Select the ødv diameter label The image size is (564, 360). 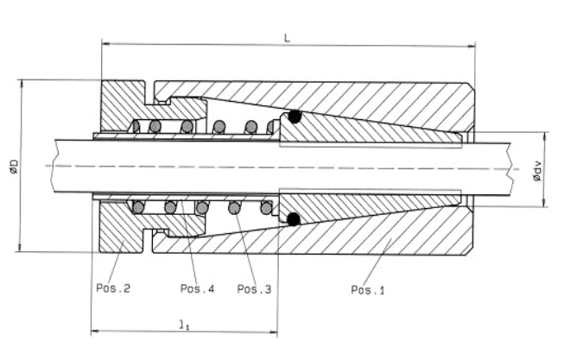click(x=536, y=174)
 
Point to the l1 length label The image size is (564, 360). click(x=183, y=325)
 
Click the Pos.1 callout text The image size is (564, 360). click(x=367, y=289)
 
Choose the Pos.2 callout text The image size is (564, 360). click(x=112, y=288)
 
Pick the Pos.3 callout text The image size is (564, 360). click(x=254, y=288)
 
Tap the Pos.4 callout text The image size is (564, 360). click(x=197, y=288)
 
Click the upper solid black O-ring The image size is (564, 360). click(x=295, y=116)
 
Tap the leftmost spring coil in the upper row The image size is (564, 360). click(x=135, y=128)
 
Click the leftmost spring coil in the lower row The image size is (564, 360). click(x=136, y=206)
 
